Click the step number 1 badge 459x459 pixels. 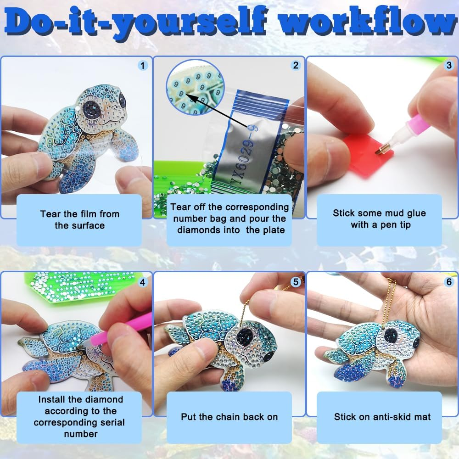coord(143,66)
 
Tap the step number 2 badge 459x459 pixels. coord(296,65)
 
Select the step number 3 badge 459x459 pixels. coord(449,65)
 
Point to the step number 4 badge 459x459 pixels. coord(143,282)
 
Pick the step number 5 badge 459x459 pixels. coord(296,282)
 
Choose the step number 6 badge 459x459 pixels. coord(449,282)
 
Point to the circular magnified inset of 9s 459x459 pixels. coord(195,88)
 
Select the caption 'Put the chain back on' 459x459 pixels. coord(229,417)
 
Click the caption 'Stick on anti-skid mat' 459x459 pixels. coord(382,417)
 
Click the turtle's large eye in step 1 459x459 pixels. coord(92,108)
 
